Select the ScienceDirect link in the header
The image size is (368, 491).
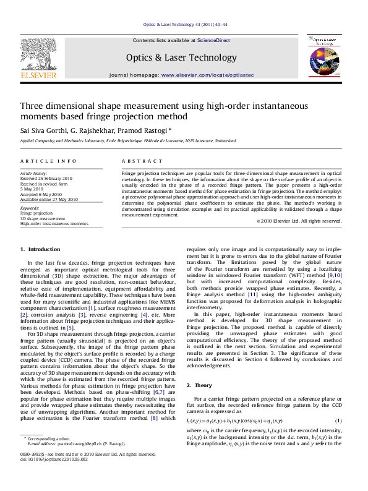coord(213,40)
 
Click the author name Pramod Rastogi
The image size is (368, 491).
coord(146,131)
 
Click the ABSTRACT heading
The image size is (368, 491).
coord(142,161)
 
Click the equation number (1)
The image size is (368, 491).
coord(339,420)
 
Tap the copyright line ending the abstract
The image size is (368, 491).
coord(299,221)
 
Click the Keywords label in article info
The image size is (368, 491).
coord(30,208)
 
